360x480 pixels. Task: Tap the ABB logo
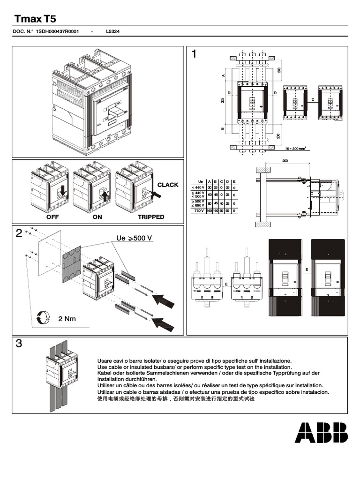tap(321, 432)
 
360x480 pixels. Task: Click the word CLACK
tap(168, 185)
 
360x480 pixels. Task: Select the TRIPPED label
tap(151, 217)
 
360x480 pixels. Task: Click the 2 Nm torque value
tap(67, 319)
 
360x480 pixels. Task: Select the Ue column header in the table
tap(200, 181)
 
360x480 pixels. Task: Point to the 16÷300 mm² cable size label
tap(295, 148)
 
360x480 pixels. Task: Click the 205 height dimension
tap(222, 101)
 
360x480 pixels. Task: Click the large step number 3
tap(19, 344)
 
